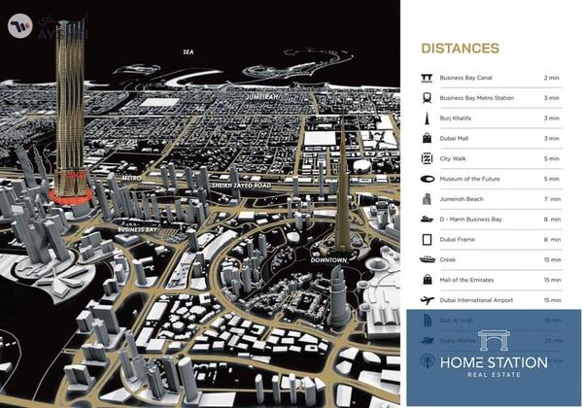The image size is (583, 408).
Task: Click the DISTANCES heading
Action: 460,49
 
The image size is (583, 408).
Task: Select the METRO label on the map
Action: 131,179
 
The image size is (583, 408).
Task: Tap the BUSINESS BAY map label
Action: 137,230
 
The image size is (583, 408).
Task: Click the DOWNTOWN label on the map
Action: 329,260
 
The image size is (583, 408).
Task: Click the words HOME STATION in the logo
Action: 493,362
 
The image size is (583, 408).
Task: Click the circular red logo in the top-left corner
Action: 19,24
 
